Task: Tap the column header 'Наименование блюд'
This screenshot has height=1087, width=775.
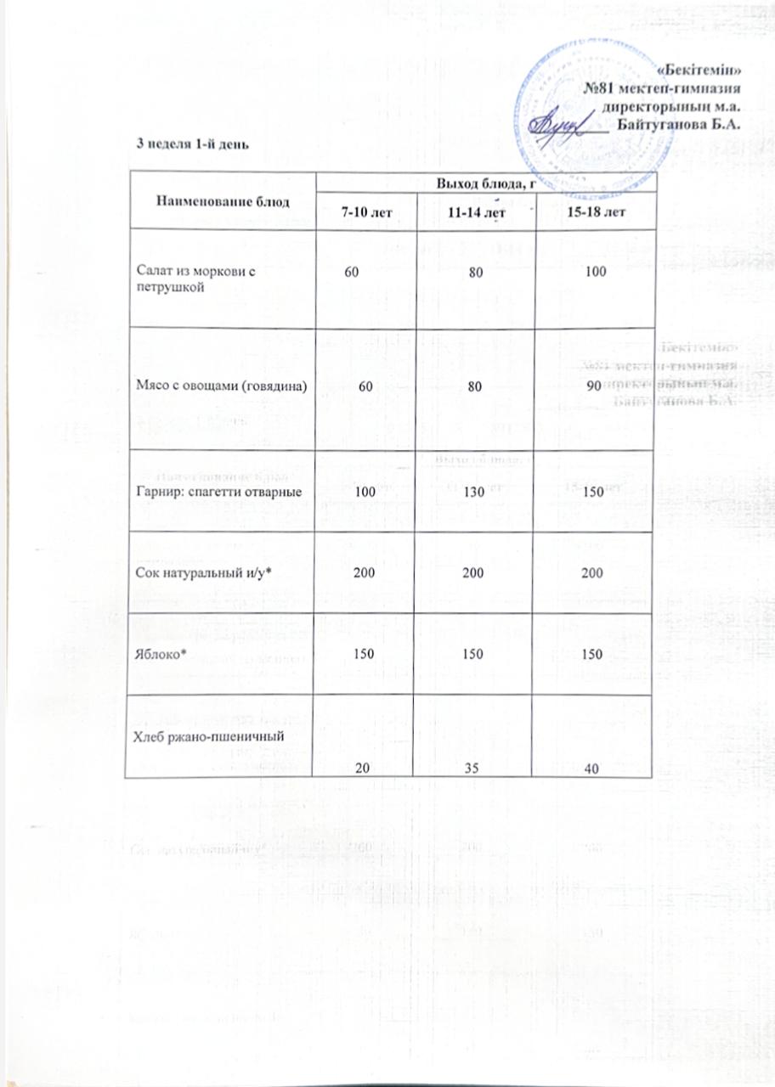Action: [223, 201]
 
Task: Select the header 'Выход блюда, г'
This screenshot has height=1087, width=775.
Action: [486, 182]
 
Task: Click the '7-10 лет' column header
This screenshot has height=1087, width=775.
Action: [366, 211]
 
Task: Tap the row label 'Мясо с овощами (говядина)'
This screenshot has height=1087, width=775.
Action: [221, 386]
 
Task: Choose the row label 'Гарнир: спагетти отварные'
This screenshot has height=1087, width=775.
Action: [221, 491]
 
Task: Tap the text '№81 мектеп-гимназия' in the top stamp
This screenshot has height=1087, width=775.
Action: [665, 87]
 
